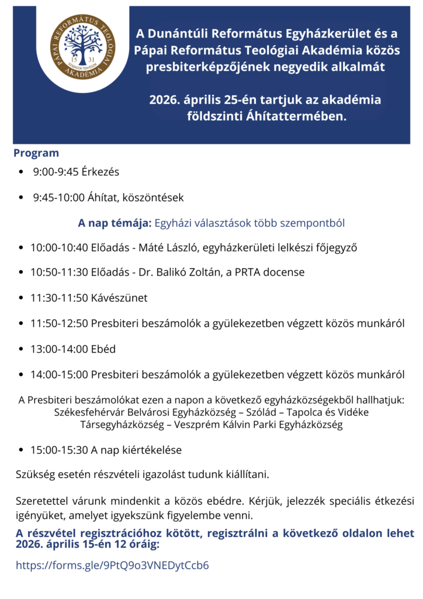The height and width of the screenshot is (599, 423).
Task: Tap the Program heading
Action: pos(36,153)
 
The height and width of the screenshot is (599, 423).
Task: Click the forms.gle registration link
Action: pos(112,565)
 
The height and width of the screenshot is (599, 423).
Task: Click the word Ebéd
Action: pos(102,349)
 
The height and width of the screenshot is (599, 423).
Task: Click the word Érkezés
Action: pos(100,172)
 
